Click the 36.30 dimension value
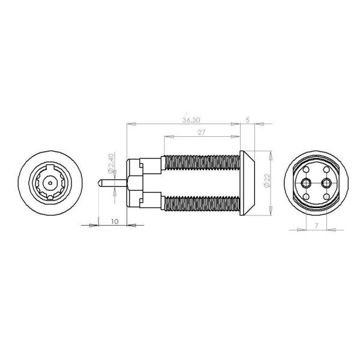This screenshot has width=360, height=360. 191,120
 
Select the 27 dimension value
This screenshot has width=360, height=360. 201,133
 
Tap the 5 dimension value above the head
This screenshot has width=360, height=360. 247,120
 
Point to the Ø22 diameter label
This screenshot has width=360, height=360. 267,181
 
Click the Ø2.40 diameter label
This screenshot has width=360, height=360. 111,163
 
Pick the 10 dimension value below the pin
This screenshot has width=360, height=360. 115,221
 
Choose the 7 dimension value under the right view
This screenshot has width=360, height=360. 316,226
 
